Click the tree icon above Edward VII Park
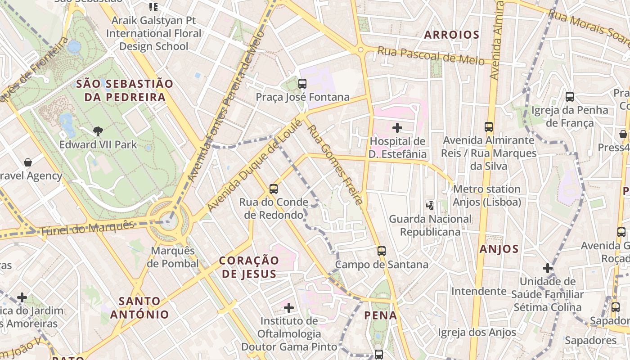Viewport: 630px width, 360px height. coord(98,131)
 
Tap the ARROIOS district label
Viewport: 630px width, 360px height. coord(451,35)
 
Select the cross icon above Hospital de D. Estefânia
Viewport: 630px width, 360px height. coord(397,128)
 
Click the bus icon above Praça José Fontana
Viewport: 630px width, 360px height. coord(302,84)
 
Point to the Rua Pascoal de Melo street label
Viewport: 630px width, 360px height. coord(431,56)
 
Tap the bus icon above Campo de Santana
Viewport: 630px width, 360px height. coord(382,251)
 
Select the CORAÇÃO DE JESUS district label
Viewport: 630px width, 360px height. coord(249,267)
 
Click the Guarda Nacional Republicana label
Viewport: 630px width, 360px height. coord(430,225)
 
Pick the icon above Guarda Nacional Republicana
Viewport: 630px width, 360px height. coord(430,206)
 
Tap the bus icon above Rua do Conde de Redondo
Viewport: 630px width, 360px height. coord(273,189)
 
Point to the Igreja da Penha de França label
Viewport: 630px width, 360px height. coord(569,117)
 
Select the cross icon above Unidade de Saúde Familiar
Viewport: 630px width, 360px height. coord(547,269)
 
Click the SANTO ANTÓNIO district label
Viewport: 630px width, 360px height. coord(139,308)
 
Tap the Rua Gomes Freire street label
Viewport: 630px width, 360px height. coord(334,165)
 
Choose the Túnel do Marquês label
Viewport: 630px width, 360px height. coord(87,229)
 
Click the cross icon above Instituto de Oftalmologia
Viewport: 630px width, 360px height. coord(289,308)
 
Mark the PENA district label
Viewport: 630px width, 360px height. coord(381,315)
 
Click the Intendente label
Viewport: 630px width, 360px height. coord(479,291)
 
